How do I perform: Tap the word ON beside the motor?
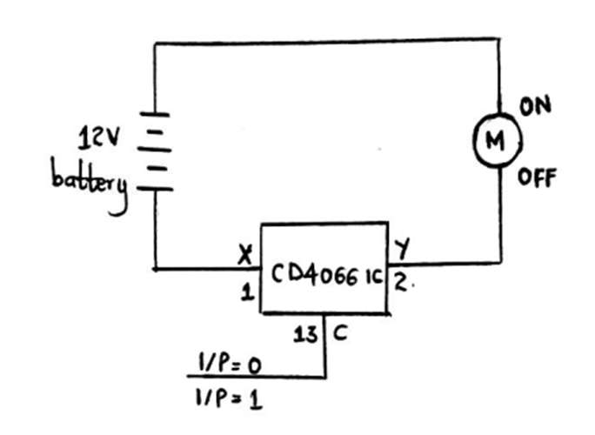click(x=535, y=106)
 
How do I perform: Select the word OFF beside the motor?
click(x=537, y=178)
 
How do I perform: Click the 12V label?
click(x=99, y=137)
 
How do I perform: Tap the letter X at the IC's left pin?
click(x=245, y=254)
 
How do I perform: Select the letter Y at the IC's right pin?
click(x=402, y=249)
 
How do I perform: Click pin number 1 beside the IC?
click(x=247, y=292)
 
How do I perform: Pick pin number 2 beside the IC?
click(x=402, y=282)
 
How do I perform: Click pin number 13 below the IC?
click(x=305, y=334)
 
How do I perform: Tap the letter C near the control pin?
click(x=340, y=333)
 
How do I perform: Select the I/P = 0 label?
click(x=230, y=364)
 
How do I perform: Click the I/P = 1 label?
click(x=229, y=398)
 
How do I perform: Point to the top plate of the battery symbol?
click(x=155, y=113)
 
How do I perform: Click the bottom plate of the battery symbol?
click(x=155, y=188)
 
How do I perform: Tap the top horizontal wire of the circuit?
click(x=327, y=42)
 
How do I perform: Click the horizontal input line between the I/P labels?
click(x=256, y=377)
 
